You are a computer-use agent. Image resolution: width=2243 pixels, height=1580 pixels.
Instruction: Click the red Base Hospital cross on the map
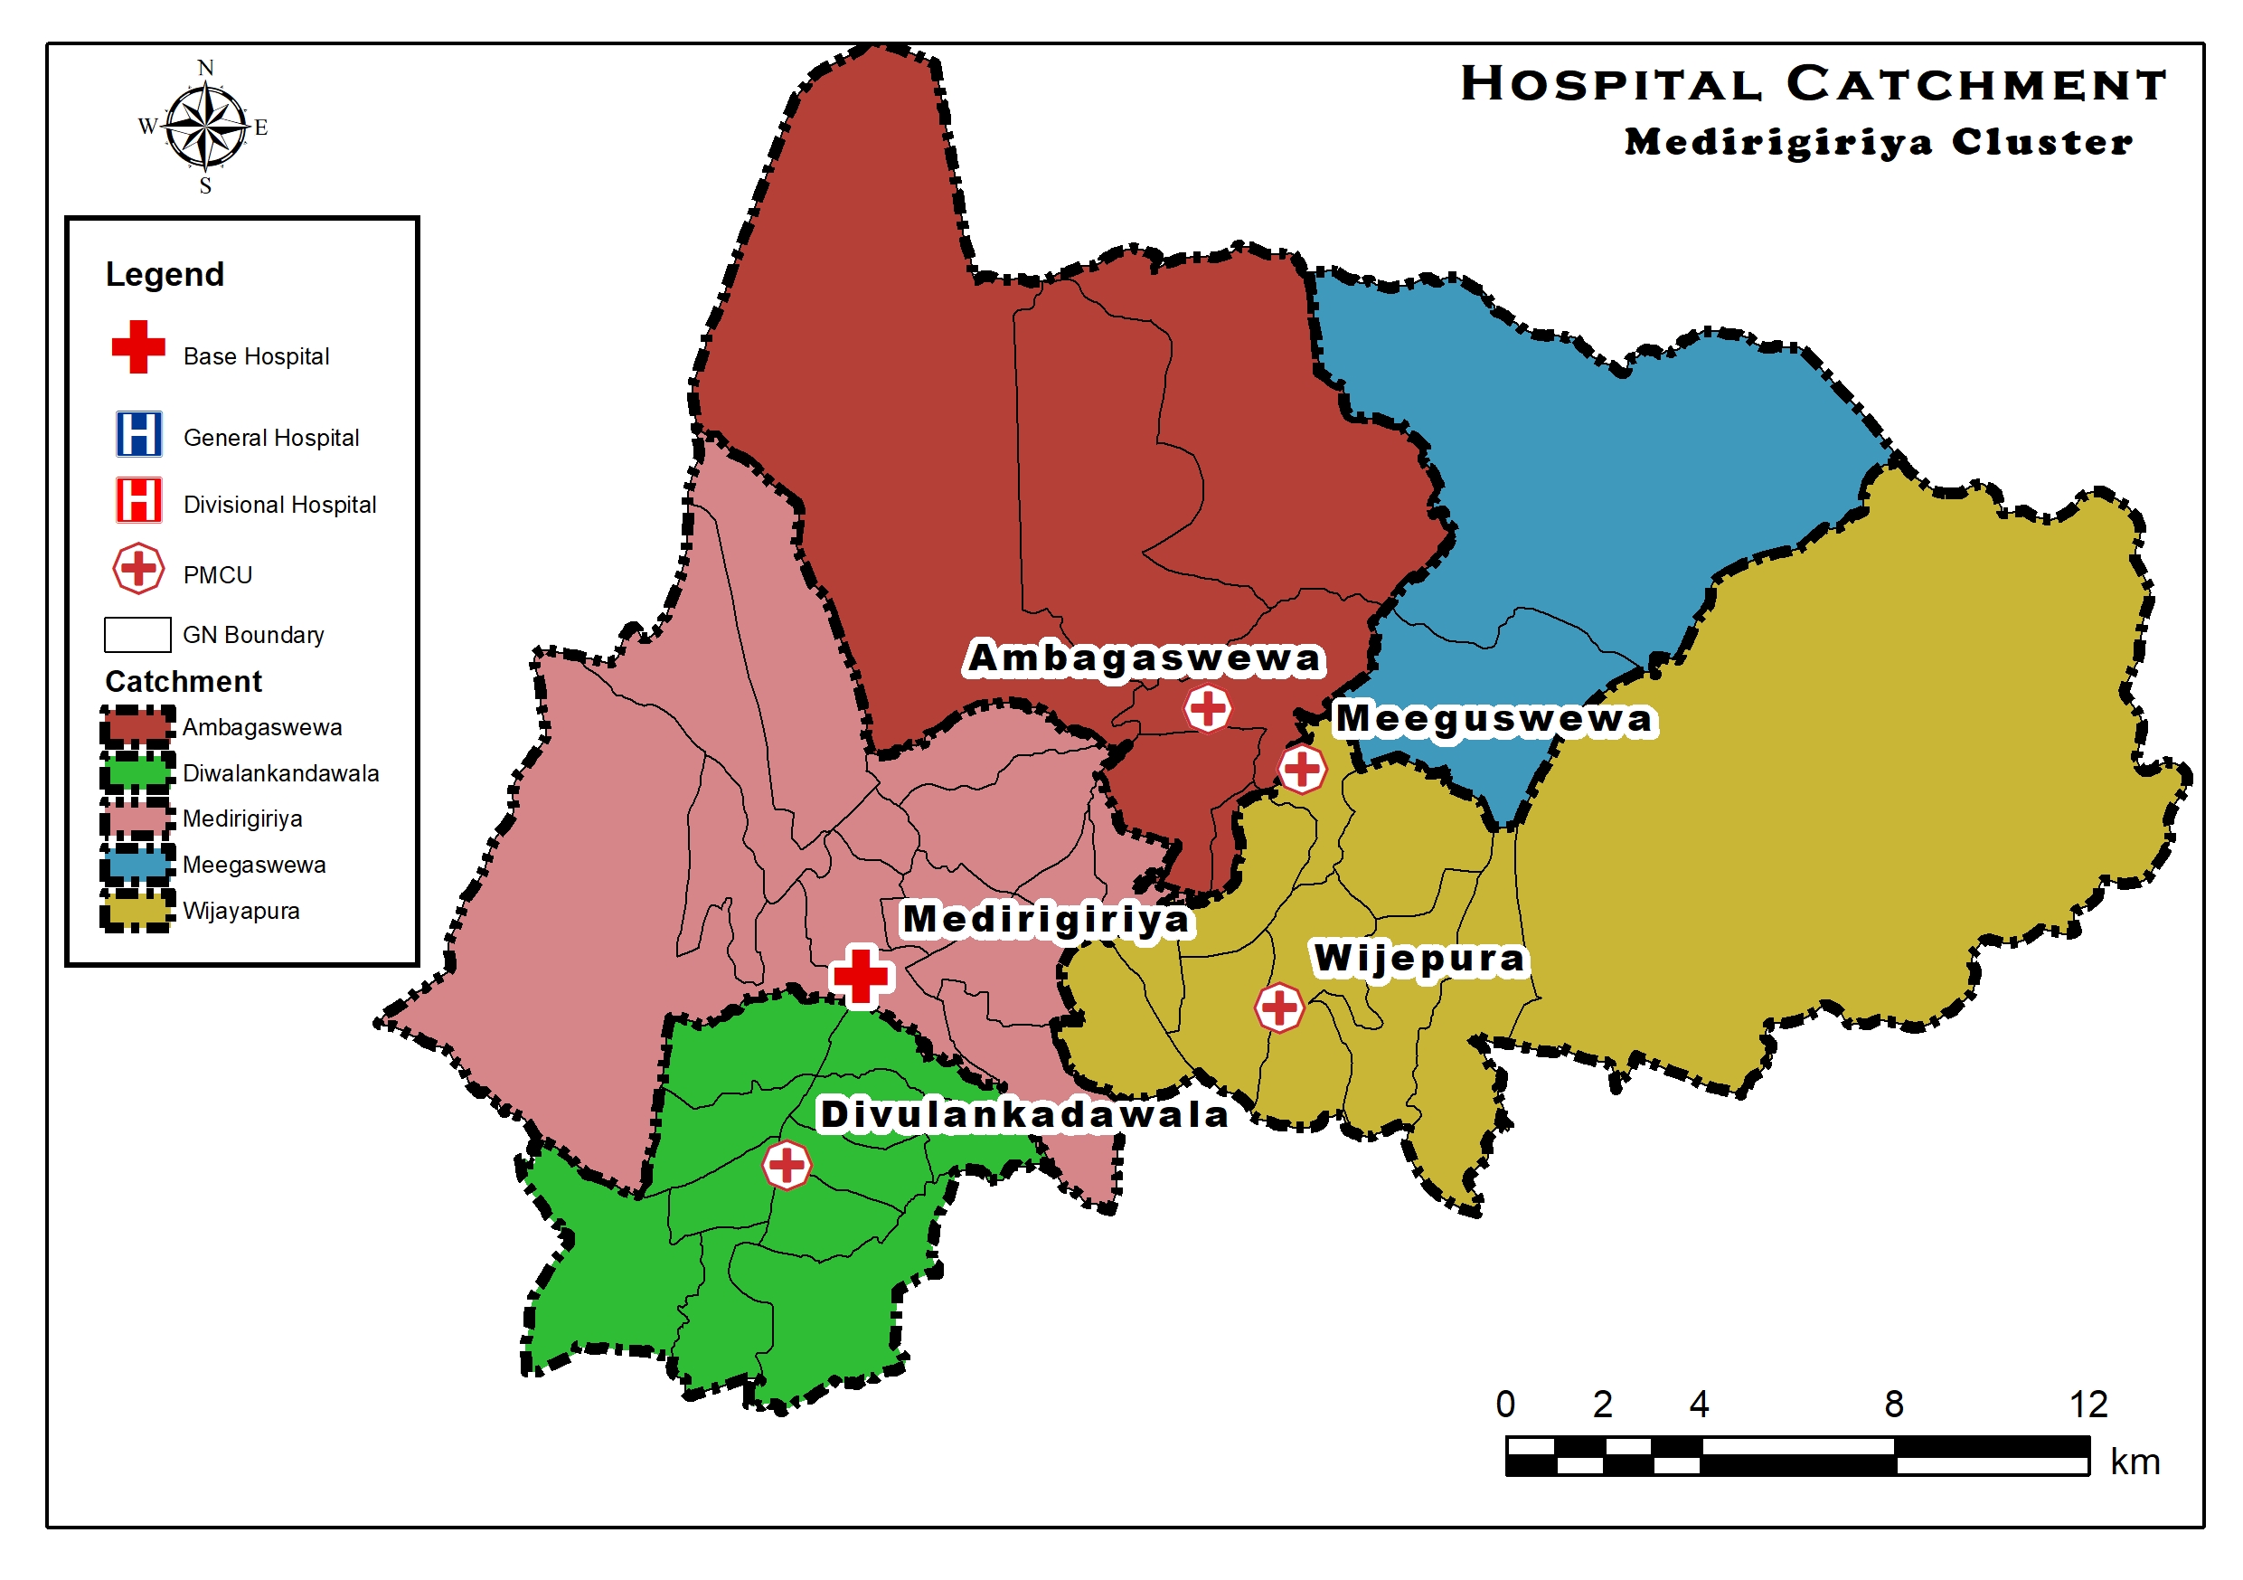coord(860,975)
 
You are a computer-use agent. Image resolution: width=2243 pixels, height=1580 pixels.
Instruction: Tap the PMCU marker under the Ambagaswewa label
coord(1208,708)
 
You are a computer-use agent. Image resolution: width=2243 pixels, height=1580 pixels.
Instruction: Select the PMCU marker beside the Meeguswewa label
coord(1302,769)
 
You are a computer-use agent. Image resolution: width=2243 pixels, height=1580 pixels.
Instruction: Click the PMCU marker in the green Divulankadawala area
coord(787,1165)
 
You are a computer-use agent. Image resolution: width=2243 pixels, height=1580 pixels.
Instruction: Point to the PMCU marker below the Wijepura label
coord(1278,1008)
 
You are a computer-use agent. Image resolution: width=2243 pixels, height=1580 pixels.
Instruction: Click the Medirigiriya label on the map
coord(1045,920)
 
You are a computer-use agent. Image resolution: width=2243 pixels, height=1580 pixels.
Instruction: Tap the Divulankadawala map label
coord(1023,1114)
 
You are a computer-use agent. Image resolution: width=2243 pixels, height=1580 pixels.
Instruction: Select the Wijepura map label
coord(1418,959)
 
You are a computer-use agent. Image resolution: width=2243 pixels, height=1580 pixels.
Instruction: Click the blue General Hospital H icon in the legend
coord(138,434)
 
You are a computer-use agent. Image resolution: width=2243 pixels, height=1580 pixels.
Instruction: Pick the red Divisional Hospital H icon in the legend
coord(138,500)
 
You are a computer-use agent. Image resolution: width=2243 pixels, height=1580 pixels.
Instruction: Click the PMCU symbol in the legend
coord(138,569)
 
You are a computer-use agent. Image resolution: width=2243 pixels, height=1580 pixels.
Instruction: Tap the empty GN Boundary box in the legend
coord(137,634)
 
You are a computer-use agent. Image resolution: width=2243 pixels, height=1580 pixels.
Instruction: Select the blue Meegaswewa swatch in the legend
coord(137,864)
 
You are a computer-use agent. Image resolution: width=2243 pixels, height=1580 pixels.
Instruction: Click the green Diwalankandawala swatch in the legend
coord(137,772)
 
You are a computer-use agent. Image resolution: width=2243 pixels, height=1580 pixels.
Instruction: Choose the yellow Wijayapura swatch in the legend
coord(137,910)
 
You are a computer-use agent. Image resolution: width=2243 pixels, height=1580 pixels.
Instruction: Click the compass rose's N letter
coord(205,68)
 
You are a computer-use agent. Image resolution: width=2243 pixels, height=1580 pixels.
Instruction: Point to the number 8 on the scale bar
coord(1893,1405)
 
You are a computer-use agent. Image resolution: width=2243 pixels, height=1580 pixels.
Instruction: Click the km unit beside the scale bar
coord(2135,1462)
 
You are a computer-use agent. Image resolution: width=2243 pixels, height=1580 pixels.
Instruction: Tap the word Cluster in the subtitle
coord(2041,142)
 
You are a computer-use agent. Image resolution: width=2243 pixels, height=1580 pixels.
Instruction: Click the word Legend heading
coord(165,275)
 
